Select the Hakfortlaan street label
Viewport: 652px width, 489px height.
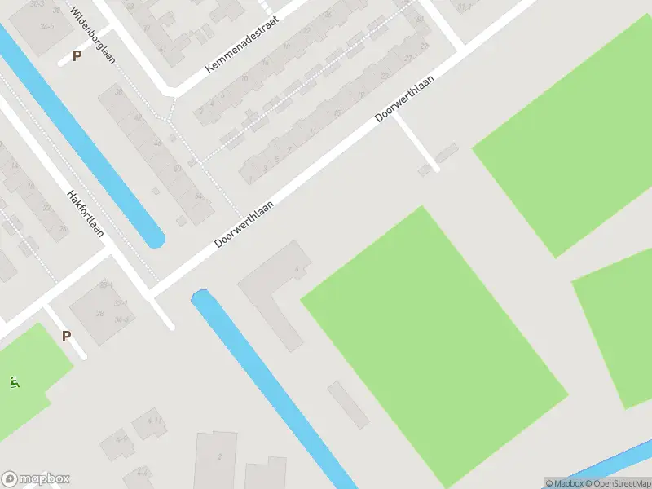tap(85, 214)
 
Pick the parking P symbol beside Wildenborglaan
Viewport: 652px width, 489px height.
tap(77, 56)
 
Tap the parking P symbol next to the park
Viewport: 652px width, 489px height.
tap(66, 335)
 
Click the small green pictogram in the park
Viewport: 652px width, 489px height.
tap(14, 381)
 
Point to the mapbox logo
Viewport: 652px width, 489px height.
tap(36, 479)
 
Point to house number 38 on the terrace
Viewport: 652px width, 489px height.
tap(118, 92)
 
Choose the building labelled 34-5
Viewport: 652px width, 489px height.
tap(46, 27)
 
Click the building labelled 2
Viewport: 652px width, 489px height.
tap(218, 457)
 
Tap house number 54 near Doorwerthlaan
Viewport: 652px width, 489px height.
tap(199, 196)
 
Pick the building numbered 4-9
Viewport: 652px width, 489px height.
tap(122, 439)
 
